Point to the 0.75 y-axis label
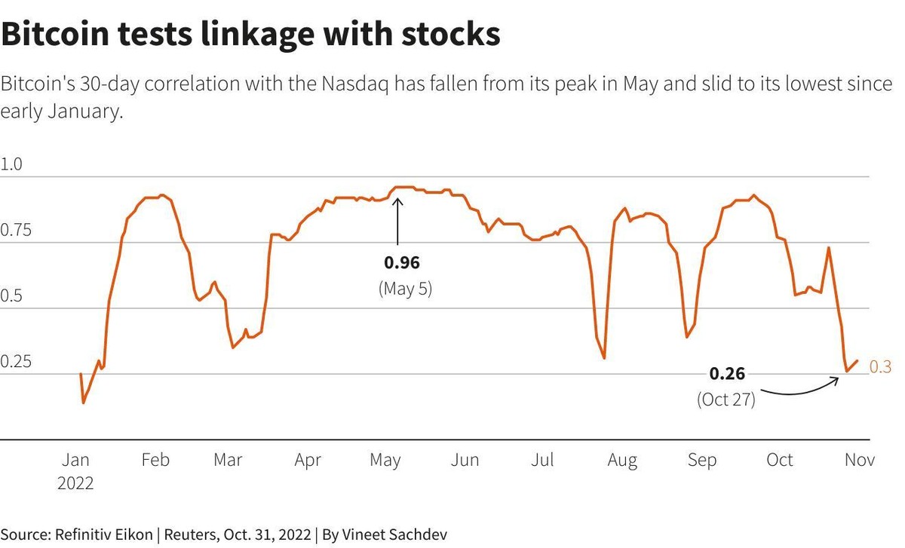tap(17, 230)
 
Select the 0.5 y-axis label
tap(11, 295)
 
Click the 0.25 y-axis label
tap(17, 361)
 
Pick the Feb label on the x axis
tap(155, 460)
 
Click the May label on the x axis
tap(385, 460)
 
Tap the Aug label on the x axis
tap(622, 460)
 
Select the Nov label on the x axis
tap(859, 460)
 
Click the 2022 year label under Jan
tap(75, 483)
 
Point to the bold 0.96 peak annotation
tap(401, 263)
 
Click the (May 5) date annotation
tap(405, 288)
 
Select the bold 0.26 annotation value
tap(727, 374)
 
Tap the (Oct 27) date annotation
tap(726, 399)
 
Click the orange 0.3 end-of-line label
tap(880, 367)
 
